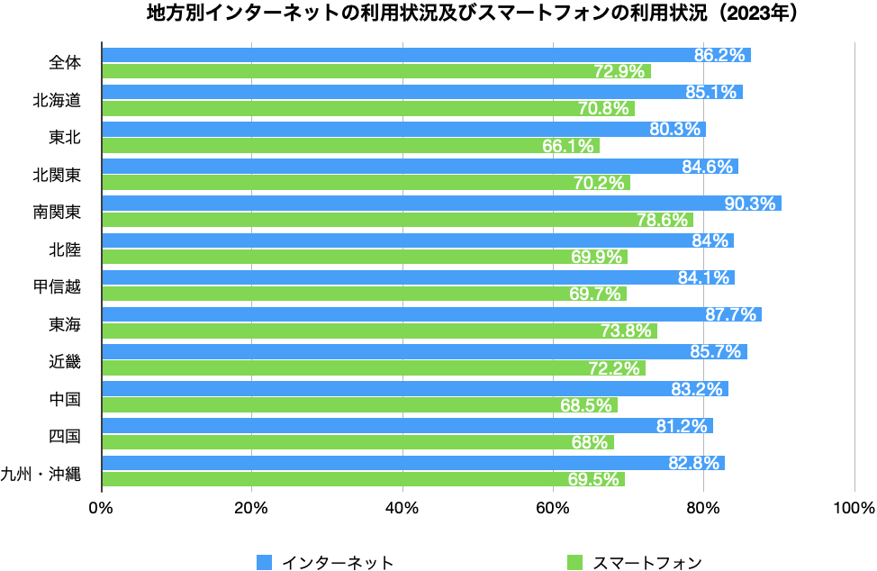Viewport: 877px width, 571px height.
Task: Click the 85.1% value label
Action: pos(710,92)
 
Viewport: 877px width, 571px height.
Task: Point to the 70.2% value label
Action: pos(599,183)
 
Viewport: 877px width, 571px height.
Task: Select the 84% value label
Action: pos(710,240)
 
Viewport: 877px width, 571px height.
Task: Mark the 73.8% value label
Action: pos(626,331)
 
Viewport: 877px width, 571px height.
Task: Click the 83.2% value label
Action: pos(697,389)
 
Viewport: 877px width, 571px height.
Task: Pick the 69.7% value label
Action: pos(595,294)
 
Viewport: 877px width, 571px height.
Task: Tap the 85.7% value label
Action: pos(715,351)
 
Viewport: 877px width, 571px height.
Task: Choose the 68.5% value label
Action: pos(586,405)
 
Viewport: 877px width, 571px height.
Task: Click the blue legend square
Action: pos(264,562)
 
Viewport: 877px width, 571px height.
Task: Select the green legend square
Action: pos(574,562)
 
